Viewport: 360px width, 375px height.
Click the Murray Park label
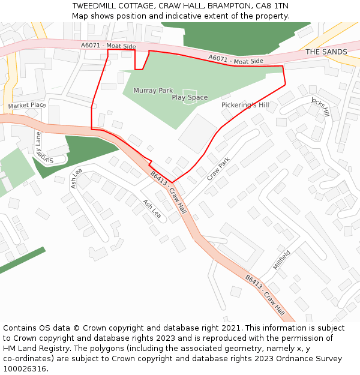(x=153, y=91)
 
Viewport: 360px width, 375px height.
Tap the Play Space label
(x=190, y=97)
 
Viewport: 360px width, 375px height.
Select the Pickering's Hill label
(x=245, y=105)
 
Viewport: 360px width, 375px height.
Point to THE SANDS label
(x=326, y=52)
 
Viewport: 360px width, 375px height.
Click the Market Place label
(x=27, y=106)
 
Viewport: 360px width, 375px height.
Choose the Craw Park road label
(x=218, y=169)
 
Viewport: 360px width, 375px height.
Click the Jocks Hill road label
(x=320, y=106)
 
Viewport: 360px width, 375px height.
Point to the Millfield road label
(x=281, y=259)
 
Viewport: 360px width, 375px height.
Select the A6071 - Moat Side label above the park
(x=236, y=60)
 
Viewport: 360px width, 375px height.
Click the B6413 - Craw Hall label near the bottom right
(x=265, y=296)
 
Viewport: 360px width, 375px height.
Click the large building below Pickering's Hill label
(x=197, y=133)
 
